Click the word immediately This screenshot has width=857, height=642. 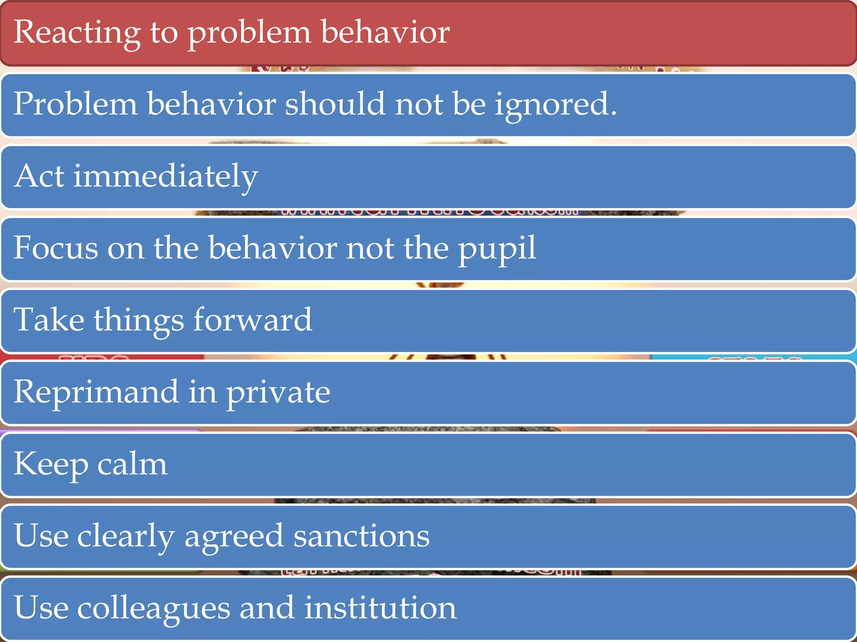pyautogui.click(x=166, y=176)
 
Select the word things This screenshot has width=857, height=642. pyautogui.click(x=139, y=321)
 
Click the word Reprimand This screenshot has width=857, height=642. pyautogui.click(x=96, y=392)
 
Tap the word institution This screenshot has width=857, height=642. pyautogui.click(x=380, y=608)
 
